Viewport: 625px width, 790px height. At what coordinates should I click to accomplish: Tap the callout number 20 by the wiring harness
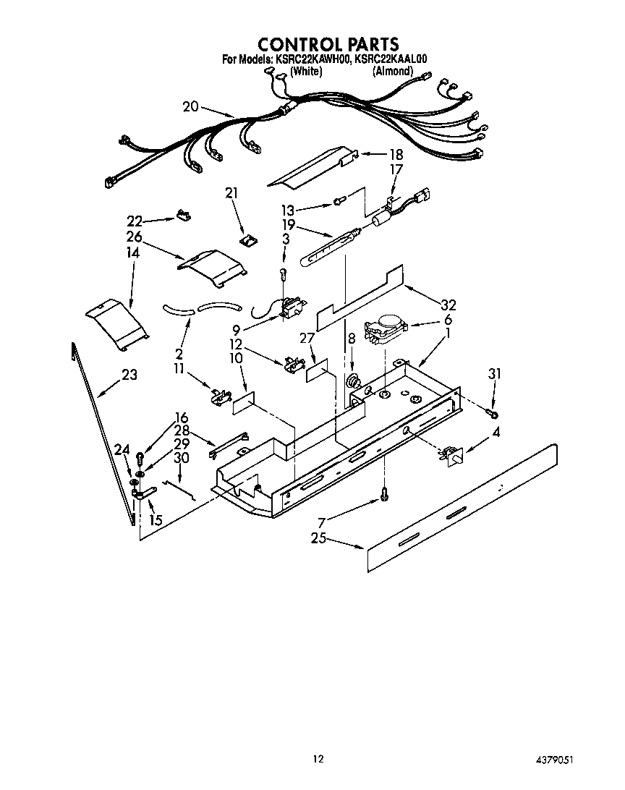point(190,106)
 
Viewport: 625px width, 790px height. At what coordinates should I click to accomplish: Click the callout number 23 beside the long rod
point(129,375)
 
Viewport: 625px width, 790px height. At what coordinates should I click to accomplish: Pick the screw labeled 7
point(384,495)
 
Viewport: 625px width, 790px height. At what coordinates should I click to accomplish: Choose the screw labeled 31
point(493,413)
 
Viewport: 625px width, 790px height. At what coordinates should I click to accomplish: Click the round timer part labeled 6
point(384,329)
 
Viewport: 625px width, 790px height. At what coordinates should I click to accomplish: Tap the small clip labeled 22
point(183,215)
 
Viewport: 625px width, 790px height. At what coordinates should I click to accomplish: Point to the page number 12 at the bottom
point(318,759)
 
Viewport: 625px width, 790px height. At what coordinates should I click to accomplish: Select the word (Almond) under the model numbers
point(393,71)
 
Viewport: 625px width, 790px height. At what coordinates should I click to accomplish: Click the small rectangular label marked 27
point(317,373)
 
